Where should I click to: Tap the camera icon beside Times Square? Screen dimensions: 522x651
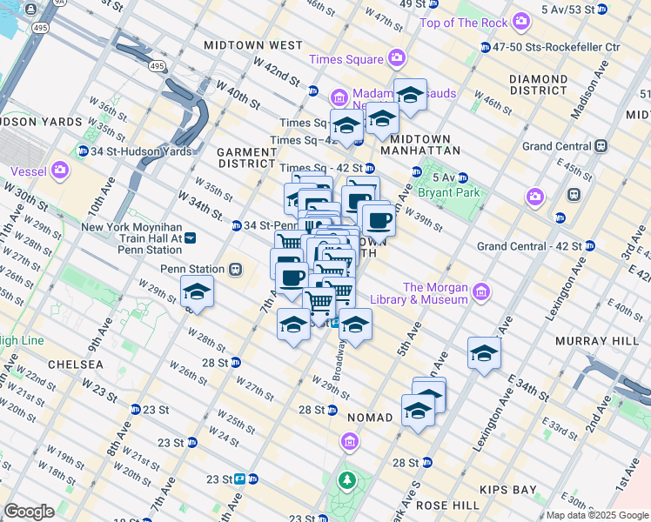click(x=397, y=59)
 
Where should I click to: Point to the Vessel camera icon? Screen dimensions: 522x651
click(x=60, y=171)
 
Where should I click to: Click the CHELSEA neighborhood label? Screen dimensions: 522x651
click(x=76, y=364)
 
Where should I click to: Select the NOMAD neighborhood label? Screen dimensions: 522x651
click(x=370, y=418)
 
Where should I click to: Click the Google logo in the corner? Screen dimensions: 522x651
click(x=29, y=511)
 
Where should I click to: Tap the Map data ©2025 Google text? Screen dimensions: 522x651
click(x=597, y=515)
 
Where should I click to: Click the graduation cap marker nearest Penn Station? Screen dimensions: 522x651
click(x=198, y=294)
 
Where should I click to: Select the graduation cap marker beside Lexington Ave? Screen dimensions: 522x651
click(x=484, y=353)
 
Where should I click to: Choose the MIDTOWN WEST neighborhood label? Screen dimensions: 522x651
click(x=252, y=44)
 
